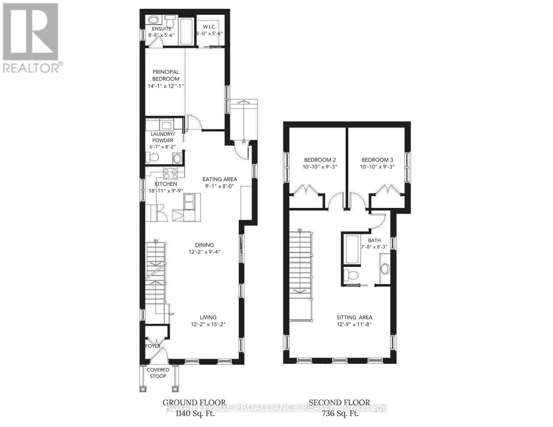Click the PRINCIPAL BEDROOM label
[x=165, y=75]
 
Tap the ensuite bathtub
[x=185, y=32]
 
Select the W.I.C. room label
[x=210, y=27]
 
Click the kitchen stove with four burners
[x=170, y=174]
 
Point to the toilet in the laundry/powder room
[x=153, y=157]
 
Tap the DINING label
[x=204, y=245]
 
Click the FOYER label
[x=153, y=346]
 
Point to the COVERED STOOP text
[x=158, y=373]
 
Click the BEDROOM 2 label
[x=320, y=160]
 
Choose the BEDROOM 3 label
[x=377, y=160]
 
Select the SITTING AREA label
[x=354, y=317]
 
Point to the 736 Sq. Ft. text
[x=340, y=413]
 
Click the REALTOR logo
[x=31, y=37]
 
